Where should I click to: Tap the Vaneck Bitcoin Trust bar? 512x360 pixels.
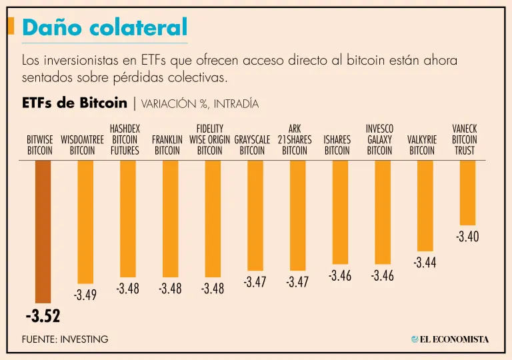click(x=467, y=193)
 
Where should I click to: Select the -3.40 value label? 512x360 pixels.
click(x=467, y=236)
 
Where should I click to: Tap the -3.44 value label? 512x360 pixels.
click(x=425, y=262)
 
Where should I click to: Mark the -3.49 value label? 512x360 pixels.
click(x=85, y=294)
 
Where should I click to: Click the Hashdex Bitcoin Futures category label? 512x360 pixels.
click(x=125, y=139)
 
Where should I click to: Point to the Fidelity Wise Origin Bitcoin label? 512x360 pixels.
click(x=210, y=139)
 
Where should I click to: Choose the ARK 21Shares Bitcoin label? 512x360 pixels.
click(x=295, y=139)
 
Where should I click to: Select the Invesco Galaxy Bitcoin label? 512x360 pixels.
click(x=379, y=139)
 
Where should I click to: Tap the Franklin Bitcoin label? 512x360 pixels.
click(x=167, y=145)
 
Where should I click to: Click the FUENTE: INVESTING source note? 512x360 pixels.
click(x=65, y=339)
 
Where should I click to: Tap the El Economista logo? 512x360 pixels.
click(x=450, y=339)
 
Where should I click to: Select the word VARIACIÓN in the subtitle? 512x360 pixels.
click(x=169, y=104)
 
